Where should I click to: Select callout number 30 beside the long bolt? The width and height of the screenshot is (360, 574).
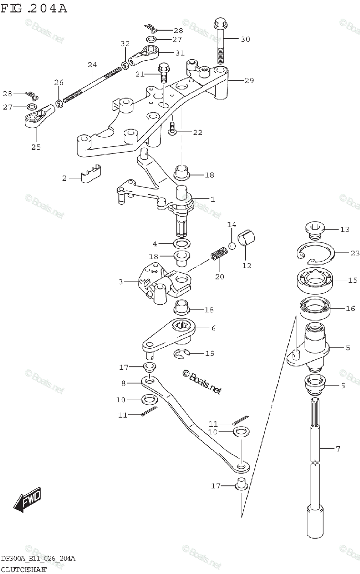coord(245,39)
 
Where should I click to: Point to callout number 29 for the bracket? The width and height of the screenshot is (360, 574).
coord(249,81)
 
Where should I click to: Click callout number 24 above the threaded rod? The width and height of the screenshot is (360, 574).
coord(92,64)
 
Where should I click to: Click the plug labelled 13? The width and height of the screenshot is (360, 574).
coord(314,230)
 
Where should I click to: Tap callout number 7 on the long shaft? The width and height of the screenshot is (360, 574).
coord(338,449)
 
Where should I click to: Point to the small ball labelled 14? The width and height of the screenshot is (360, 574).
coord(232,246)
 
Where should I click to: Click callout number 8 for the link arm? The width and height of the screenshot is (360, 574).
coord(123,383)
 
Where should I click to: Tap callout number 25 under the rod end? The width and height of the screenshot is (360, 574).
coord(36,147)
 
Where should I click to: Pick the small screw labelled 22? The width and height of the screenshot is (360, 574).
coord(173,127)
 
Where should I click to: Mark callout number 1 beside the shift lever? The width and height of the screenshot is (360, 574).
coord(212,199)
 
